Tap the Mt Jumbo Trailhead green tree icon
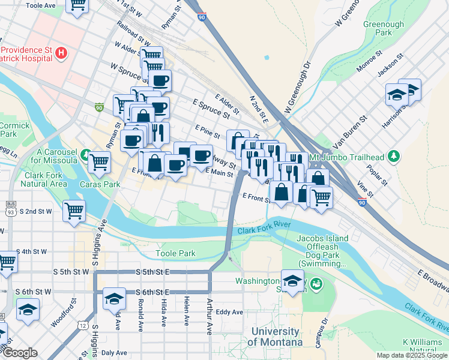[394, 157]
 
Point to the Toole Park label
[175, 253]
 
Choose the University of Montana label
[277, 337]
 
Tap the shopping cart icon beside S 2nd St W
[74, 210]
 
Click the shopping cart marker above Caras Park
[99, 160]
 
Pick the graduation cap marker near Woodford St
[28, 310]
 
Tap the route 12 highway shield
[82, 325]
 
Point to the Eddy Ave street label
[229, 312]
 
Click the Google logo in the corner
[20, 353]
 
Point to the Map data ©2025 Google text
[411, 355]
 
